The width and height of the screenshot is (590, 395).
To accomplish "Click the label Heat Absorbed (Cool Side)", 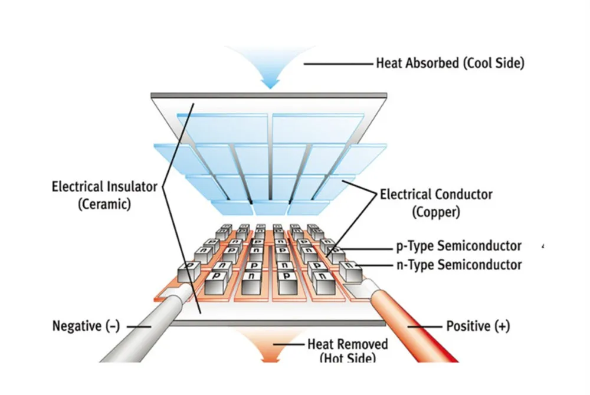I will coord(450,63).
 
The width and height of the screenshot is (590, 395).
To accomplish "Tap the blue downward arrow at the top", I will coord(270,71).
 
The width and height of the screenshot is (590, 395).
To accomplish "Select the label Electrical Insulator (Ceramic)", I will coord(104,196).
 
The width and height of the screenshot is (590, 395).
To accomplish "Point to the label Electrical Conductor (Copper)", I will coord(436,202).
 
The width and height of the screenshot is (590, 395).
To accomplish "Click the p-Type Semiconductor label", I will coord(458,246).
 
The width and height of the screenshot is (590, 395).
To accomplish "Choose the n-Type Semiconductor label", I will coord(458,265).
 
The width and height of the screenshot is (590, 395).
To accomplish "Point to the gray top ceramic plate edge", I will coord(269,95).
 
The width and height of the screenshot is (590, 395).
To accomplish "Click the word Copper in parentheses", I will coord(437,212).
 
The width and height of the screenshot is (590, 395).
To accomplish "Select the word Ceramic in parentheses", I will coord(104,205).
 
